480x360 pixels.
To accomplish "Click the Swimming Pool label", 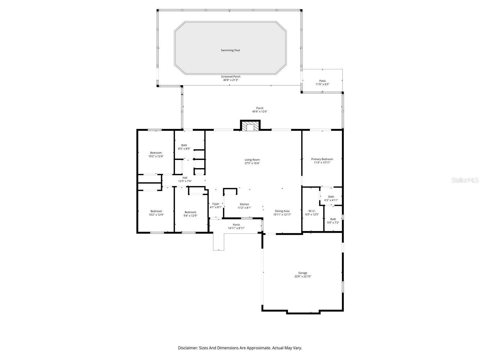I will pos(230,50).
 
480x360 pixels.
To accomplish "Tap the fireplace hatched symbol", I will pos(250,126).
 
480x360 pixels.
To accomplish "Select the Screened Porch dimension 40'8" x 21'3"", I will pos(231,80).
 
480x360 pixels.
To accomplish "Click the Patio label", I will pos(322,81).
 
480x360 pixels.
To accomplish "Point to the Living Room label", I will pos(252,160).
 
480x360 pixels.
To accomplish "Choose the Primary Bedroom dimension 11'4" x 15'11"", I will pos(322,163).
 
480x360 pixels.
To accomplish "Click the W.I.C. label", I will pos(312,211).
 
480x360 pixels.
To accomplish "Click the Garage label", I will pos(303,273).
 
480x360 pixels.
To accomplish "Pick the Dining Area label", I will pos(282,211).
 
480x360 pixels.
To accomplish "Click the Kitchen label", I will pos(244,204).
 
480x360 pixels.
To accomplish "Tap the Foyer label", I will pos(216,204).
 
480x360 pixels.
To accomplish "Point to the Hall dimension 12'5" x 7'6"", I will pos(185,181).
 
